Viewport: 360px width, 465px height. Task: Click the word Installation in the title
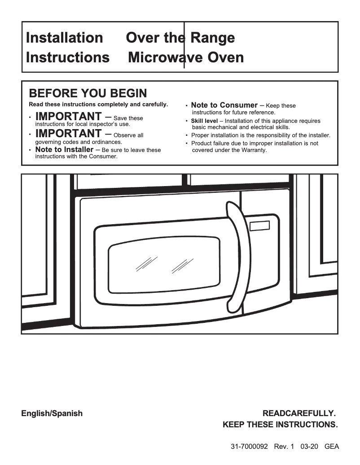tap(64, 38)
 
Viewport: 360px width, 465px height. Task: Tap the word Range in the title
tap(212, 38)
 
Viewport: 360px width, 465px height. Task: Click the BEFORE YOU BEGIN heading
tap(88, 93)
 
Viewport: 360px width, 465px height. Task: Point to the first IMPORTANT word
tap(68, 117)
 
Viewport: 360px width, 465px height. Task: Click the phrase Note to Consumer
tap(224, 105)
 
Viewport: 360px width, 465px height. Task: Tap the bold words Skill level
tap(204, 121)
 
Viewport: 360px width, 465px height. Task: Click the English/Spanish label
tap(52, 413)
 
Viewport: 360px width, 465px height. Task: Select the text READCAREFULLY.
tap(299, 413)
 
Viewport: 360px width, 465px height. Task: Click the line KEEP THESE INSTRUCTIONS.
tap(280, 425)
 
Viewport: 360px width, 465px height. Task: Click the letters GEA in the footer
tap(331, 447)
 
